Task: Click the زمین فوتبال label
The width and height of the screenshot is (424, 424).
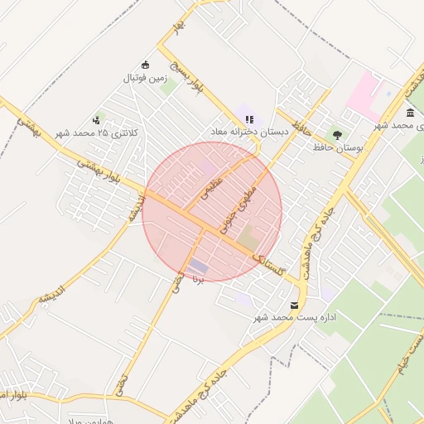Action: click(x=146, y=79)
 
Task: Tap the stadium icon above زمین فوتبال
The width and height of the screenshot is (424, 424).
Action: click(x=146, y=65)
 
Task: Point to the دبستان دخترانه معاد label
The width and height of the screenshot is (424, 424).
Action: click(x=249, y=132)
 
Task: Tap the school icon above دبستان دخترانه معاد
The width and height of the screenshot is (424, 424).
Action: click(x=250, y=119)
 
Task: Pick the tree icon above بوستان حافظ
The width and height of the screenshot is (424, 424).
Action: click(x=336, y=133)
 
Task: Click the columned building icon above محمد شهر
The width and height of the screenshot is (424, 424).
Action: click(x=410, y=113)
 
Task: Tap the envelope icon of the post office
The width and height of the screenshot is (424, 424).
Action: click(x=294, y=306)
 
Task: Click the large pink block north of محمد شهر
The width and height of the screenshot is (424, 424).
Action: click(x=364, y=94)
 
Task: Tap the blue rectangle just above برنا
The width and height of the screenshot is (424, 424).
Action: click(x=199, y=266)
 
